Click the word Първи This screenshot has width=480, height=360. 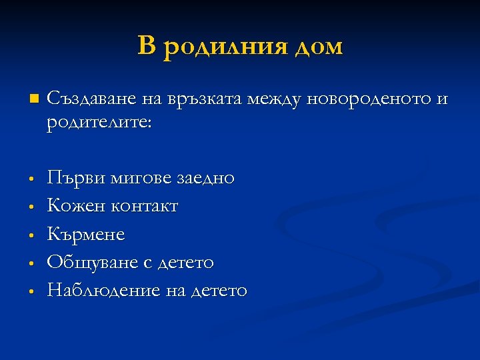[75, 178]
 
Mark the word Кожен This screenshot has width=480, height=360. [75, 206]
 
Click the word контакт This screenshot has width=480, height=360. [143, 207]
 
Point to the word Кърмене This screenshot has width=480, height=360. [86, 235]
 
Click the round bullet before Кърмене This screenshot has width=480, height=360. [31, 235]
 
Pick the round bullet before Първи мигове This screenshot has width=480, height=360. [31, 179]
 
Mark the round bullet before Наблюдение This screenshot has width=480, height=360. [31, 291]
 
